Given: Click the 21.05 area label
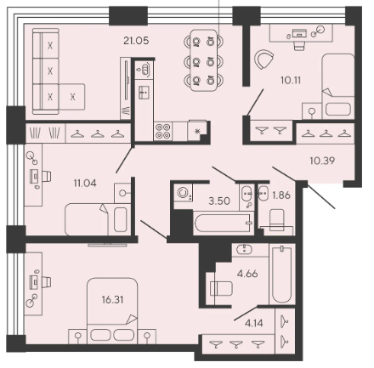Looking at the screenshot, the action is pyautogui.click(x=136, y=41).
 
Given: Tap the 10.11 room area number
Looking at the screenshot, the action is pyautogui.click(x=291, y=81).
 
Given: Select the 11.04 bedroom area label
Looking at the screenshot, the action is pyautogui.click(x=85, y=184).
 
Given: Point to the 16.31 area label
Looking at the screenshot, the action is pyautogui.click(x=112, y=299).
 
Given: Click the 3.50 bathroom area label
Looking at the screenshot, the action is pyautogui.click(x=219, y=201).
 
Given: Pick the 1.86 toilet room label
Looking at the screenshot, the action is pyautogui.click(x=281, y=195).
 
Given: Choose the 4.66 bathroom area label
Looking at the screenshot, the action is pyautogui.click(x=247, y=274).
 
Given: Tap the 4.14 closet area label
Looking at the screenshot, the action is pyautogui.click(x=254, y=323).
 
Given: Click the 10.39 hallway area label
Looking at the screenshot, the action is pyautogui.click(x=322, y=161).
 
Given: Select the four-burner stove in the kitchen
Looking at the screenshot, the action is pyautogui.click(x=163, y=131).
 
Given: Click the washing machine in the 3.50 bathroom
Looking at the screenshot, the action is pyautogui.click(x=183, y=193).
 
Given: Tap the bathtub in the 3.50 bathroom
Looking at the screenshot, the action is pyautogui.click(x=224, y=223).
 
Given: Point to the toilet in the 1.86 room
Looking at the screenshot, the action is pyautogui.click(x=277, y=220).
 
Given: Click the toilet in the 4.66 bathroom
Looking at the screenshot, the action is pyautogui.click(x=221, y=288).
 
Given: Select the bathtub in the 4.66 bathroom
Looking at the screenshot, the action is pyautogui.click(x=282, y=275).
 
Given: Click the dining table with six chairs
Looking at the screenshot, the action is pyautogui.click(x=203, y=60).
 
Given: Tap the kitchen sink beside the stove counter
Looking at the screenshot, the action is pyautogui.click(x=144, y=92).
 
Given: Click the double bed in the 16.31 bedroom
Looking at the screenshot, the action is pyautogui.click(x=112, y=310).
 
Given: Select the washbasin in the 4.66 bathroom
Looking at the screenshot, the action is pyautogui.click(x=244, y=249).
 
